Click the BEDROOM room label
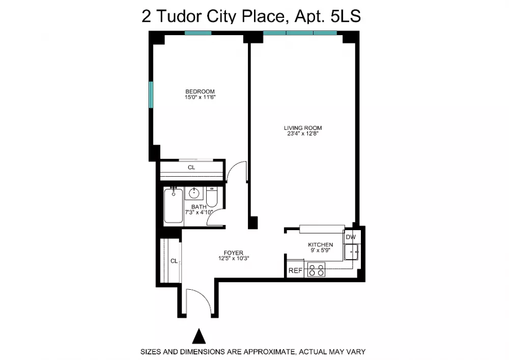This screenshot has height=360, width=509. point(200,92)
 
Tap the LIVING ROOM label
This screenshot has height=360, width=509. point(303,128)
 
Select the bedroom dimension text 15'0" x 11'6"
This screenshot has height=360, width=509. point(200,97)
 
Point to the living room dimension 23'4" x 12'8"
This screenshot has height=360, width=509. point(303,133)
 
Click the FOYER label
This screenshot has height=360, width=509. point(234,253)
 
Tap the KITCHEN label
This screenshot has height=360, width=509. point(320,245)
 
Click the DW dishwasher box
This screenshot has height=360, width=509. point(351,237)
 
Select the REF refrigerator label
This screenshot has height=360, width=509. point(295,270)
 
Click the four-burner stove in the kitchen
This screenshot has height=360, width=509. point(316,270)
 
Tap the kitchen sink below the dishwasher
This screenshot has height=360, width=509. point(351,252)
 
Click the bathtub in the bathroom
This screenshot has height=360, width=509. point(174,206)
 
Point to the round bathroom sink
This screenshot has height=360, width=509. point(194,193)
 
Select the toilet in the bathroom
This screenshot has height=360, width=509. point(212,197)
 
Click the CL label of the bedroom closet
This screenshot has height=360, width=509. point(191,168)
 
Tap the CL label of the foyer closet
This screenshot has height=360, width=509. point(174,261)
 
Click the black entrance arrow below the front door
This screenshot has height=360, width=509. point(199,336)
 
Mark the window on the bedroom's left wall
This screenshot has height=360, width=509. point(151,95)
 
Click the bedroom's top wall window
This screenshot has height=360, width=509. point(198,33)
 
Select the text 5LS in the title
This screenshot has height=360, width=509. point(346,16)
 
